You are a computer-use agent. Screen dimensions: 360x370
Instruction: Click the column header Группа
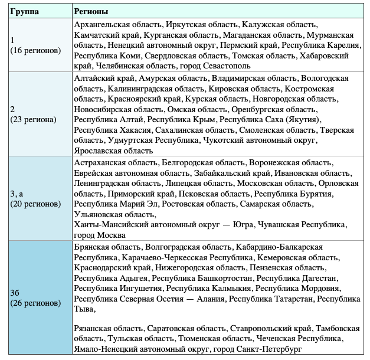tap(24, 12)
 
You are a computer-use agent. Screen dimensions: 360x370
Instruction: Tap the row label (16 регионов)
tap(35, 50)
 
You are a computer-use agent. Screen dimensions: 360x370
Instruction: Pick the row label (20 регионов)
tap(35, 204)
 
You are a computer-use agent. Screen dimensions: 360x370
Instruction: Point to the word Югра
tap(243, 225)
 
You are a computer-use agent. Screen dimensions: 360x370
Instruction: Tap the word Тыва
tap(84, 309)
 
